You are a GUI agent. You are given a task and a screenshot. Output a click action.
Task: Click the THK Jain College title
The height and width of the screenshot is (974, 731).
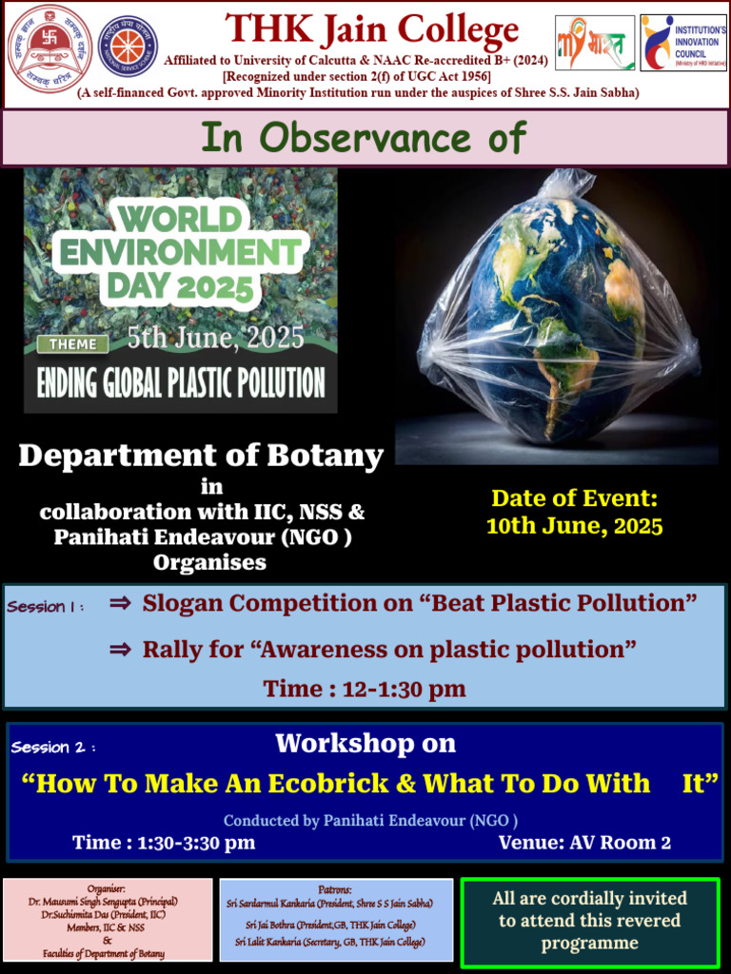pyautogui.click(x=371, y=30)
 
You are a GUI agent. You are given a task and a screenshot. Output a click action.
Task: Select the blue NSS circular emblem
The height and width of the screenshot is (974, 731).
pyautogui.click(x=128, y=46)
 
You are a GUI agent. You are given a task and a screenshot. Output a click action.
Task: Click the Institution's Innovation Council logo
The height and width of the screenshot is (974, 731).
pyautogui.click(x=683, y=42)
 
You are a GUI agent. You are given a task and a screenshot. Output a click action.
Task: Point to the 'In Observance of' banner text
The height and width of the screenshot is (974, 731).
pyautogui.click(x=364, y=138)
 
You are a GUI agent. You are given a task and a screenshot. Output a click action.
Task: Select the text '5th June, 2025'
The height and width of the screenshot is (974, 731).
pyautogui.click(x=217, y=338)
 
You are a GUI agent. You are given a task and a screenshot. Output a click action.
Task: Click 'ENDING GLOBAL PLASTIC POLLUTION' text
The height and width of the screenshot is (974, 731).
pyautogui.click(x=181, y=382)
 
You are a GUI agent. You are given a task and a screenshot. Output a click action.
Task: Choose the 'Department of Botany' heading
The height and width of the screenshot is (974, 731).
pyautogui.click(x=201, y=456)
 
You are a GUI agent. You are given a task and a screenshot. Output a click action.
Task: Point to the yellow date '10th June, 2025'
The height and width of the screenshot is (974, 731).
pyautogui.click(x=574, y=526)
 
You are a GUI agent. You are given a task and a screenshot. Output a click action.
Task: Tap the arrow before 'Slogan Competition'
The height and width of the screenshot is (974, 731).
pyautogui.click(x=120, y=602)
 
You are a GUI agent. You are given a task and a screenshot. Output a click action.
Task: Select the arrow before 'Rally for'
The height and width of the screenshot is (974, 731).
pyautogui.click(x=120, y=650)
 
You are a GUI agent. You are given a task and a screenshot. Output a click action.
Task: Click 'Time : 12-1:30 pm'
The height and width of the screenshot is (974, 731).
pyautogui.click(x=365, y=689)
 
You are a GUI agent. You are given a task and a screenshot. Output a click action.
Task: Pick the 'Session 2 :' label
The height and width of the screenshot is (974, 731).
pyautogui.click(x=53, y=748)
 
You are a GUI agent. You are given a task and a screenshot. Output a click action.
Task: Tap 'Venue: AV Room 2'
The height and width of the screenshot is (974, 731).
pyautogui.click(x=584, y=842)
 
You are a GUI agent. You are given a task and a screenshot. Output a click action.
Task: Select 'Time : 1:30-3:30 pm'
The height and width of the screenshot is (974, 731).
pyautogui.click(x=164, y=842)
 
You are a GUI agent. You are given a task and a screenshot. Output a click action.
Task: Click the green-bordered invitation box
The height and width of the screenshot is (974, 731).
pyautogui.click(x=589, y=921)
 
